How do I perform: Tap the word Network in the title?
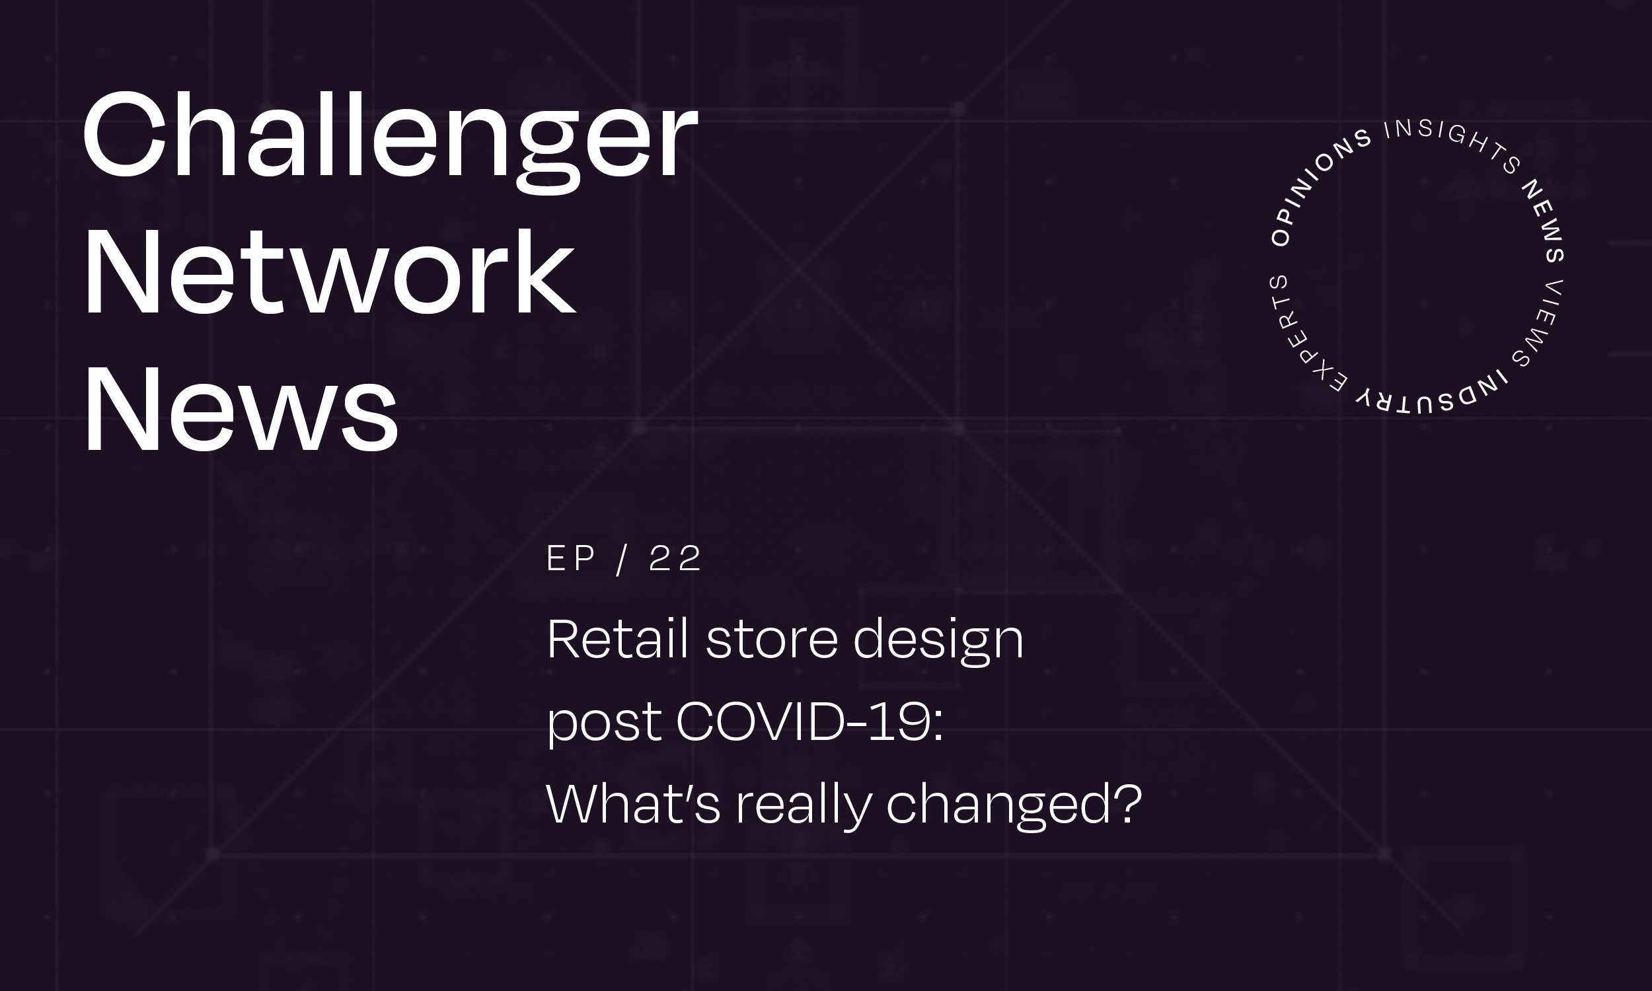[329, 270]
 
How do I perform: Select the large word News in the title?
[241, 408]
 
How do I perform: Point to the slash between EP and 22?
[622, 559]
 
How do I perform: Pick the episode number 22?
[675, 558]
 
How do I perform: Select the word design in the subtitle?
[939, 642]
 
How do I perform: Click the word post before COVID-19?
[605, 725]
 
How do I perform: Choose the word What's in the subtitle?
[634, 803]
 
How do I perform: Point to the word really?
[804, 807]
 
